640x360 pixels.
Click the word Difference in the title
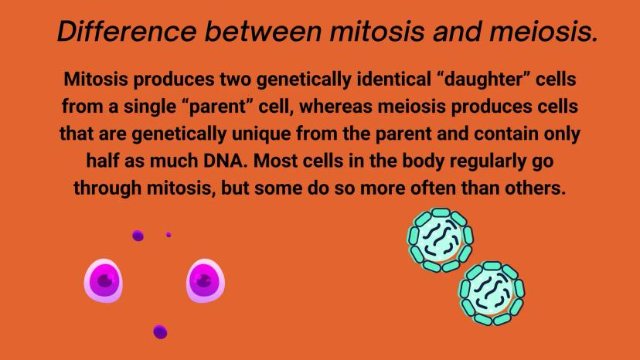click(x=127, y=31)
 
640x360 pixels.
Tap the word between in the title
click(x=264, y=31)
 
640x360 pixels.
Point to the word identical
click(x=394, y=79)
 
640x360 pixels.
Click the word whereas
click(x=336, y=107)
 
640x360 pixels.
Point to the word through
click(x=107, y=188)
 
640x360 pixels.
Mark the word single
click(x=150, y=107)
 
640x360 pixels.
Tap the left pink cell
click(x=104, y=281)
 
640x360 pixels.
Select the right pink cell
click(x=206, y=281)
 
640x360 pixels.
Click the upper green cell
click(x=441, y=240)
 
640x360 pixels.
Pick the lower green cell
click(x=492, y=293)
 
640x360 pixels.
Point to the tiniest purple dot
click(x=169, y=235)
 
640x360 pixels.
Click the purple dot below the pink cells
click(x=160, y=332)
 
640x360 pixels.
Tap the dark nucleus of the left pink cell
click(x=105, y=280)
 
